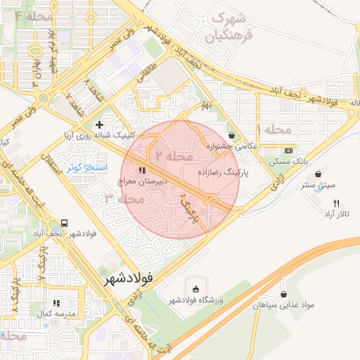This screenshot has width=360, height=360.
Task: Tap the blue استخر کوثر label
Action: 86,168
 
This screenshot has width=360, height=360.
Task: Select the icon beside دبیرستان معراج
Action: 142,170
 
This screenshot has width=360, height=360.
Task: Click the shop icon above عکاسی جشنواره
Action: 232,135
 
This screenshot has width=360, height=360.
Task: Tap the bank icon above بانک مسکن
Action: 288,151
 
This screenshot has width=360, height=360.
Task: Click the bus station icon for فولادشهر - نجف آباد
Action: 65,221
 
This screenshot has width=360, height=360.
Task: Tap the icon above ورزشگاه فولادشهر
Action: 195,289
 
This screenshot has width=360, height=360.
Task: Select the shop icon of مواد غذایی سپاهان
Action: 283,295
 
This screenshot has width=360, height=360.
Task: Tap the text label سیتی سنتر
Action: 317,186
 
